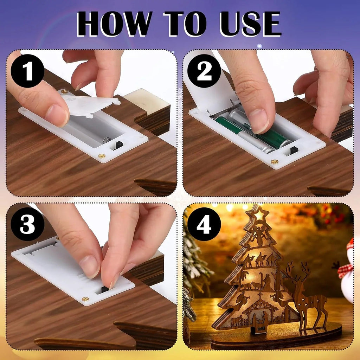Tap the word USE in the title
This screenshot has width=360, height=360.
[x=250, y=24]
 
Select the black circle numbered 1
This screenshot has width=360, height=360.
[x=27, y=71]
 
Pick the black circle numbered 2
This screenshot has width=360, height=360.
[x=204, y=71]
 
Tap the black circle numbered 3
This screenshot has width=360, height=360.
[x=27, y=224]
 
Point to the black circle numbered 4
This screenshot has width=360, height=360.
[x=204, y=224]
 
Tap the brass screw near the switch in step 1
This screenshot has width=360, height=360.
[x=102, y=156]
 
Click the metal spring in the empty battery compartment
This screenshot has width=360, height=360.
[x=107, y=140]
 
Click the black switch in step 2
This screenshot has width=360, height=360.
[x=294, y=150]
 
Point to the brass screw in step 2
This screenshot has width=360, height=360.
[x=274, y=162]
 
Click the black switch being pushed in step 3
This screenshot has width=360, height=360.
[x=105, y=289]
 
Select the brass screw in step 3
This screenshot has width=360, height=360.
[x=85, y=299]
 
